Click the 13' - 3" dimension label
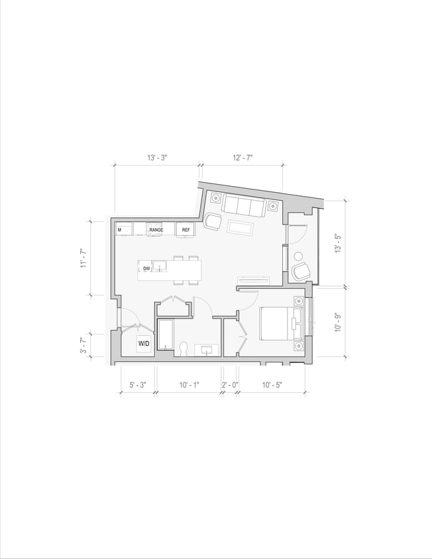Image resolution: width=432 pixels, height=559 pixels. point(157,158)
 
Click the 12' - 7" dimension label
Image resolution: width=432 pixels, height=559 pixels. point(243,158)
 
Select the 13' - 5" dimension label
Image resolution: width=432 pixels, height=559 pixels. point(338,244)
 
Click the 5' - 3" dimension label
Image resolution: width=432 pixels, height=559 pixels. point(137,384)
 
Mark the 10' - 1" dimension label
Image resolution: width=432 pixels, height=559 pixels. point(188,384)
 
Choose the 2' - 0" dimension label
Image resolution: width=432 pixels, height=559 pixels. point(229,384)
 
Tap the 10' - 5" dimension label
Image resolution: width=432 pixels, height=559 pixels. point(272,384)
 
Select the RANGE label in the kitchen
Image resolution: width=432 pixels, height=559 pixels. point(156,230)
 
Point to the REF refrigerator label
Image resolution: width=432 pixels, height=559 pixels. point(186,230)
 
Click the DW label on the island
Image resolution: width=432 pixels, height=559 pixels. point(146,268)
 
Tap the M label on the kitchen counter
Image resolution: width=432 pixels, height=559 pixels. point(120,230)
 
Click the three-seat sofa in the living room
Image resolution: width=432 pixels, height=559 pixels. point(243,205)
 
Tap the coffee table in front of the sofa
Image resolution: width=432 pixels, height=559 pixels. point(241,228)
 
